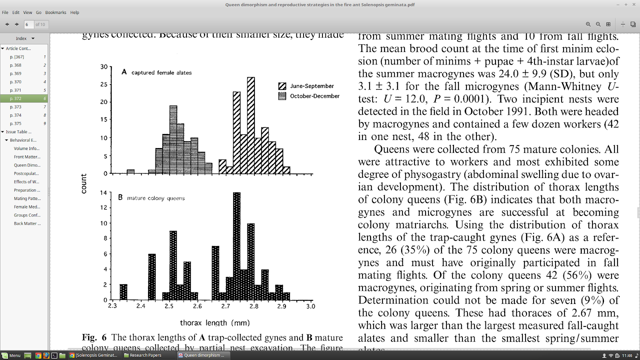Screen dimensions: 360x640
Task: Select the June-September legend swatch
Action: [282, 86]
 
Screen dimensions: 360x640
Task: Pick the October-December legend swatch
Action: [282, 96]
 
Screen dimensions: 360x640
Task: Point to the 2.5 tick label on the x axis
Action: [169, 306]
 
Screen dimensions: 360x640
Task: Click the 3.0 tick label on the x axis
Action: [310, 306]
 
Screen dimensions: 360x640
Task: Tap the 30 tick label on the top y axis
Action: [104, 67]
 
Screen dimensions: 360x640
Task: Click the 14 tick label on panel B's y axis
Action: [104, 193]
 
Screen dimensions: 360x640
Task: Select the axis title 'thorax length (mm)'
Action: [215, 323]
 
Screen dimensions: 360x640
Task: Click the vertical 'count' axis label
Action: [84, 184]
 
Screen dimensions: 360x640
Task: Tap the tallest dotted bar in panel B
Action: [237, 246]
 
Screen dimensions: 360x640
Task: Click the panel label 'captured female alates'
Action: [161, 73]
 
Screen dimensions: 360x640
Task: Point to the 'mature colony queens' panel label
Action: [156, 198]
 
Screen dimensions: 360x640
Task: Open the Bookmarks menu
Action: [56, 12]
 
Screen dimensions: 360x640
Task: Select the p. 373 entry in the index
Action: [16, 107]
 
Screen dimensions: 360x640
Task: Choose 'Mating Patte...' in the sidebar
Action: [27, 198]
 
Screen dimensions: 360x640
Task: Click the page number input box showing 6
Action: [29, 24]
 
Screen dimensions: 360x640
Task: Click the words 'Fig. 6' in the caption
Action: [94, 338]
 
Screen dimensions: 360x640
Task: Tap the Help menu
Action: [75, 12]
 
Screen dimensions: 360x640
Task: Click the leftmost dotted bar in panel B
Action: [124, 292]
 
